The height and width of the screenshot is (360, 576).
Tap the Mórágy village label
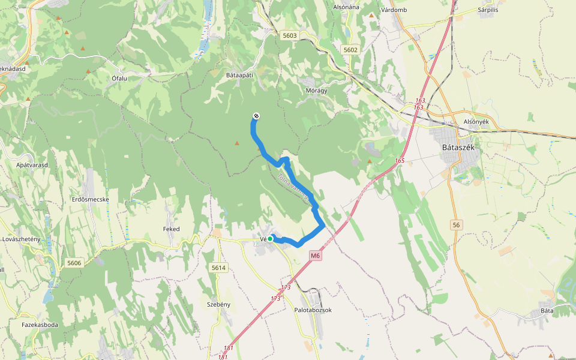coord(317,90)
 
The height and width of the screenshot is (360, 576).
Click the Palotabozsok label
coord(313,310)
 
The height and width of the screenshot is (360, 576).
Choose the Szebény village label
coord(218,304)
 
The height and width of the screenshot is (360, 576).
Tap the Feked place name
coord(171,229)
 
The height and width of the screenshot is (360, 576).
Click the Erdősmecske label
coord(90,199)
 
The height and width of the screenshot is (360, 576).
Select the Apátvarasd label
coord(32,164)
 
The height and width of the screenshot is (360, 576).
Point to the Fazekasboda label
coord(40,325)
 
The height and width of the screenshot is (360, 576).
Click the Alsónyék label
coord(477,121)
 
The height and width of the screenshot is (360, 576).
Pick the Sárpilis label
coord(488,10)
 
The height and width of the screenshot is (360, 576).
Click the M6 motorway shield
coord(316,256)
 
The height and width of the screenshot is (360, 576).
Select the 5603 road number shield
coord(289,35)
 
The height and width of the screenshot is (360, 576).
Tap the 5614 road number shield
coord(218,268)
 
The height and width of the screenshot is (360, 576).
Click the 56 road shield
coord(457,224)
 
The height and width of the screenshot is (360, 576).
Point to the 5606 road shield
coord(74,263)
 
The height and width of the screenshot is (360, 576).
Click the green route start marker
coord(270,239)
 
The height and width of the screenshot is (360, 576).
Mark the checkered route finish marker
coord(256,116)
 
